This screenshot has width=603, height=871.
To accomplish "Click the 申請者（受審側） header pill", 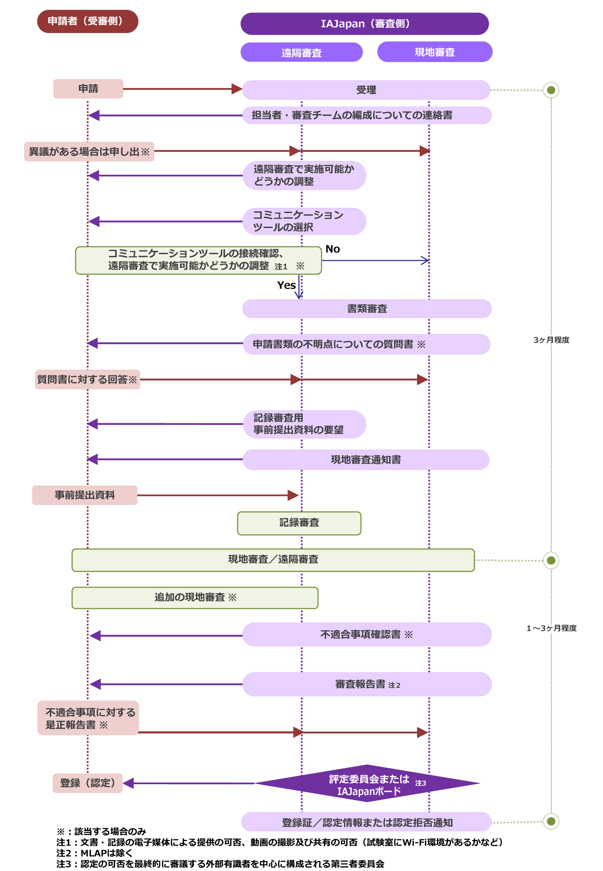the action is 88,21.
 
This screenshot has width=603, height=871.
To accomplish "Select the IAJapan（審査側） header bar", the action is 365,24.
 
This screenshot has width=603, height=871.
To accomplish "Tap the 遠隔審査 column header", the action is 301,52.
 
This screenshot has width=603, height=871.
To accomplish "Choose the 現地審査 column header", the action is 435,52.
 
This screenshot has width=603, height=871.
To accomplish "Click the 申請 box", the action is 88,89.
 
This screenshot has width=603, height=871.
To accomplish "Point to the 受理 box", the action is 366,90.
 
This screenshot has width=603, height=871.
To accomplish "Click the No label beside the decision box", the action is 333,249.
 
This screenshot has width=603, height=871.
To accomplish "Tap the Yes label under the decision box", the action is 286,285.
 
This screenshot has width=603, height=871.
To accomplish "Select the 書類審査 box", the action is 367,309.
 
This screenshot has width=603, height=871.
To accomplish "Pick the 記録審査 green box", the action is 299,523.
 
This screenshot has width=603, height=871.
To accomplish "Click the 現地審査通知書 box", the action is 366,459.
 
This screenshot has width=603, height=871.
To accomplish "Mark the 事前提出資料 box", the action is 85,495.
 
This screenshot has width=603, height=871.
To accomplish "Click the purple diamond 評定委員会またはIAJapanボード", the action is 367,783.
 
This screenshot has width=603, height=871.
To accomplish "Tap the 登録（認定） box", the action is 88,783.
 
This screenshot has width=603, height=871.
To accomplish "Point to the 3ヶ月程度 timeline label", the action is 551,340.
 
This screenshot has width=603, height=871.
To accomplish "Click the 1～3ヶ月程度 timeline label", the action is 552,628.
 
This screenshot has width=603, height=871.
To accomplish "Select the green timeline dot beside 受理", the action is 551,90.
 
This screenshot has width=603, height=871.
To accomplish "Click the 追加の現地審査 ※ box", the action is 195,598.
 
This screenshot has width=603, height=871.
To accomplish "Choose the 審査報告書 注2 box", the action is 367,684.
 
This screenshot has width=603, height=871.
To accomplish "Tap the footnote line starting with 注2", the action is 94,853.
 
